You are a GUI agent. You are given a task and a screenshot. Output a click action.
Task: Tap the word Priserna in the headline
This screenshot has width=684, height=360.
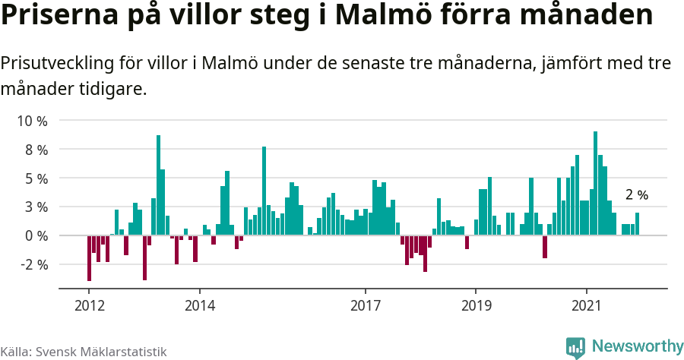[x=59, y=17]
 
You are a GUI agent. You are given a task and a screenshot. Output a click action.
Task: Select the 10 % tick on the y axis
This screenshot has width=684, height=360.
[x=32, y=121]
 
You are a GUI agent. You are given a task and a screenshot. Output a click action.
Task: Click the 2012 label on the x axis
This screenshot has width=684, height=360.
[x=89, y=306]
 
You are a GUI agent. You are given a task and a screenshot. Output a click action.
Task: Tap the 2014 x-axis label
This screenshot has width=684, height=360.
[x=199, y=306]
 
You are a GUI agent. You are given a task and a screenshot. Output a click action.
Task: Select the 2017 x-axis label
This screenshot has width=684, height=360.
[x=366, y=306]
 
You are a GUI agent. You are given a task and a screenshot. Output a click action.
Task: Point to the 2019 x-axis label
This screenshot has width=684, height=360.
[x=476, y=306]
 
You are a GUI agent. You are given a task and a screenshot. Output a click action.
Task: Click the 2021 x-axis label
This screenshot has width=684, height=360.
[x=586, y=306]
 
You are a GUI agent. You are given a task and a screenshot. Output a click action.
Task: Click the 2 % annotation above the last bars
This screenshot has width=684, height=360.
[x=636, y=195]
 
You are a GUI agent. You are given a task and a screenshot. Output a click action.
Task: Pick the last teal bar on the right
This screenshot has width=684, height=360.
[x=637, y=224]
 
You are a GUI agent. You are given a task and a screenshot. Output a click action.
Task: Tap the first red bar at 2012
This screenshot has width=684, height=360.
[x=89, y=258]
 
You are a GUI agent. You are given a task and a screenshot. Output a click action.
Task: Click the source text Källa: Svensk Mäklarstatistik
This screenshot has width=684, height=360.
[x=84, y=352]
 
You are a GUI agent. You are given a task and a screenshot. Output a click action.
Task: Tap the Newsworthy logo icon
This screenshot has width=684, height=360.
[x=575, y=347]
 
